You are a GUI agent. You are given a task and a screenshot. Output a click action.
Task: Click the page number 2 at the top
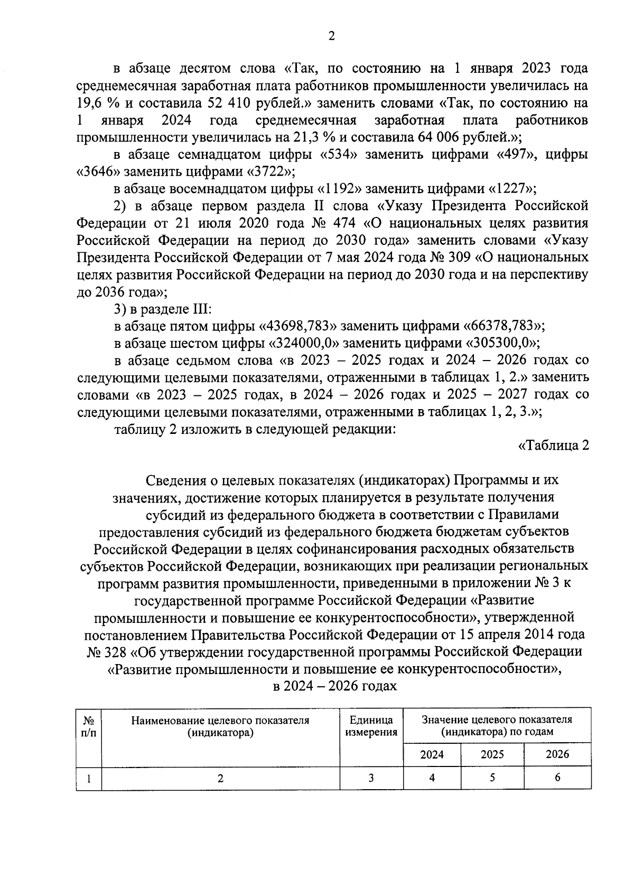331,36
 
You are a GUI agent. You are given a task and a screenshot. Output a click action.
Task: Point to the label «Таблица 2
553,446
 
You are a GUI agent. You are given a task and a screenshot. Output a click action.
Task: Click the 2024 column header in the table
432,754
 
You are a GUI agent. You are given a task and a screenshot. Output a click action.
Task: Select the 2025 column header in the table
492,754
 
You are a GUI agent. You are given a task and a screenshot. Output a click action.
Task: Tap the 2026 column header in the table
557,754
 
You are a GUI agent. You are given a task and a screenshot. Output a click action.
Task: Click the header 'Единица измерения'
371,726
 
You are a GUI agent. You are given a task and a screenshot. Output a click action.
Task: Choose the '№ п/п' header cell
89,726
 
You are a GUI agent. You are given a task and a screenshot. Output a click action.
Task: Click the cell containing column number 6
557,778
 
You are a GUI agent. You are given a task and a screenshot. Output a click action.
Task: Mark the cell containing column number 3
371,778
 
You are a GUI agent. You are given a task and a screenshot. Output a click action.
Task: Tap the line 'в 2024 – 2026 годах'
334,686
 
